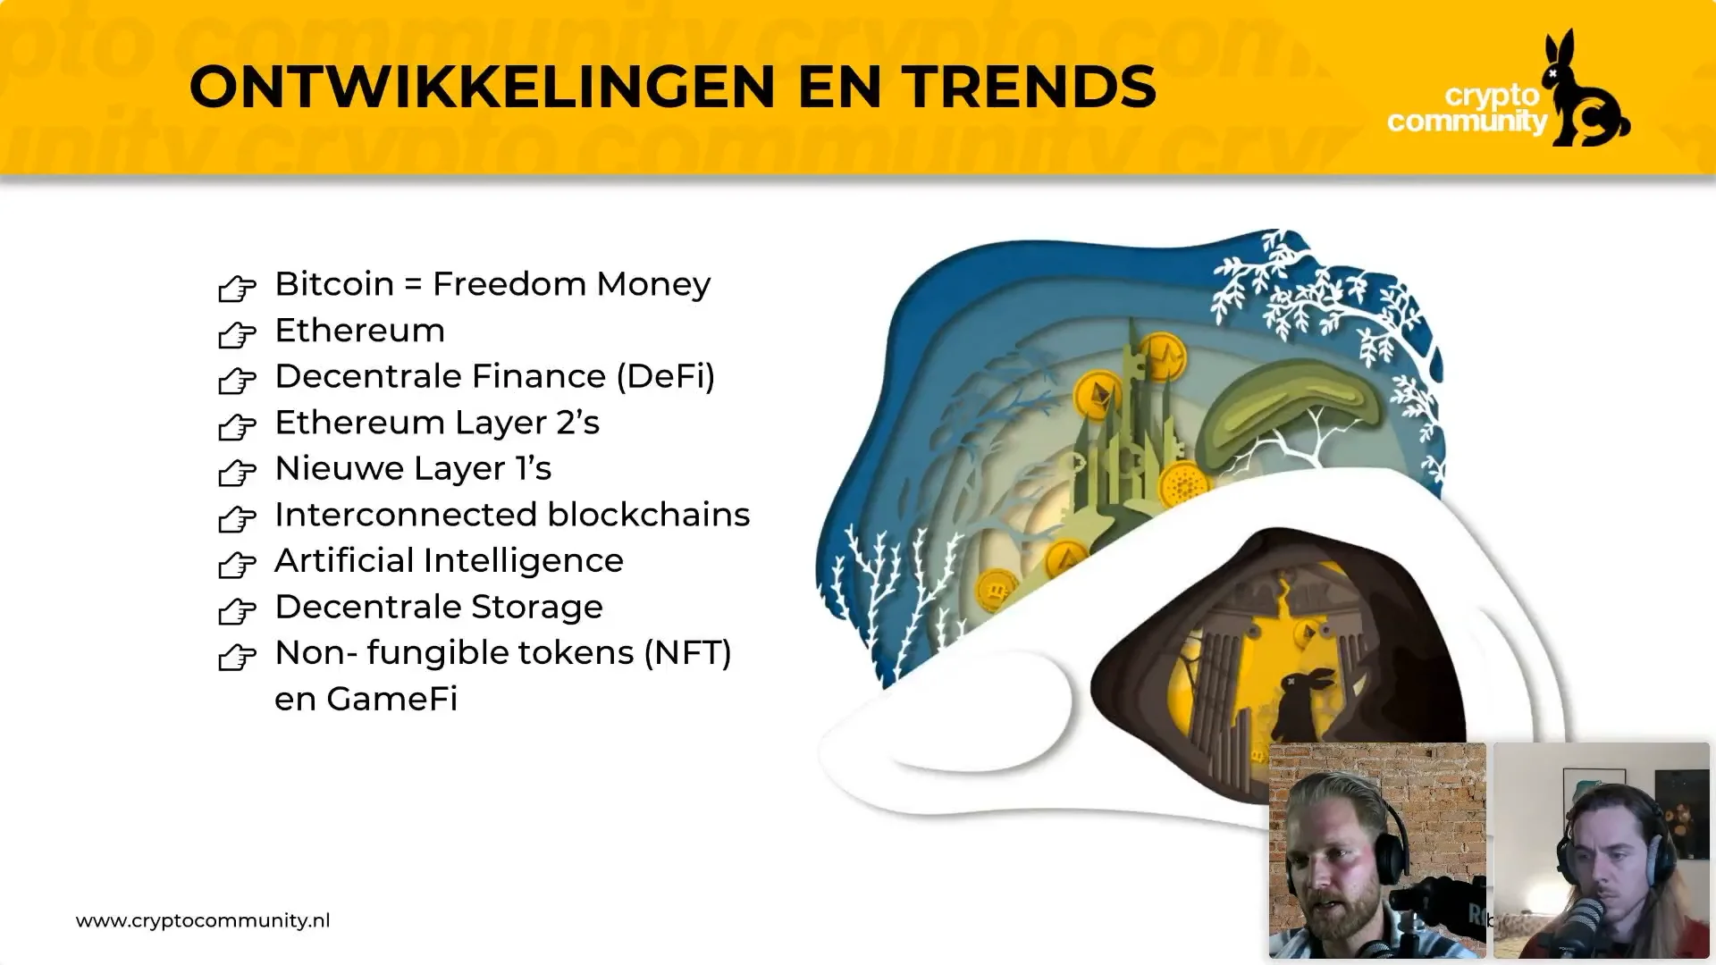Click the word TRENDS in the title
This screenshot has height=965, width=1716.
1029,88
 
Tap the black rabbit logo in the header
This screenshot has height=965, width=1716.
1586,89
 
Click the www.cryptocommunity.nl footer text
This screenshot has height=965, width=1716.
203,920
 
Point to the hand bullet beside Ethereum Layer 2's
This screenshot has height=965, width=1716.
237,426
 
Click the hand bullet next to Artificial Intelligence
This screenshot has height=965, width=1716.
237,565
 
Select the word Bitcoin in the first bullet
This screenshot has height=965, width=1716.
334,284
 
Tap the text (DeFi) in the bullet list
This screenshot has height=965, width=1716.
666,376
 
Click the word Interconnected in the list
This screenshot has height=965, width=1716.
407,515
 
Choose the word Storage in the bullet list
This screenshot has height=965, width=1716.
537,607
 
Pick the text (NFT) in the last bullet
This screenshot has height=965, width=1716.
687,653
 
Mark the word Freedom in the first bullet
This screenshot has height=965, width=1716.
509,284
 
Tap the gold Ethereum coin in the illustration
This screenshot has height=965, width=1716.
1098,394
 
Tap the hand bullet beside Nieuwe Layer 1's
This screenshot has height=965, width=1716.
237,473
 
